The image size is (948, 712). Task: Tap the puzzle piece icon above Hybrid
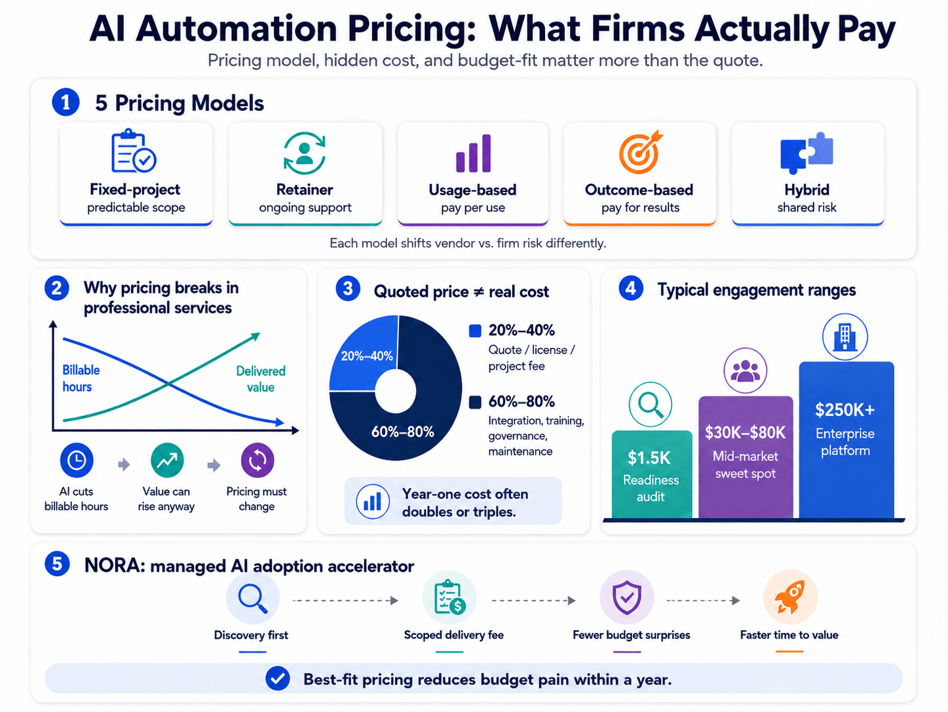pyautogui.click(x=806, y=153)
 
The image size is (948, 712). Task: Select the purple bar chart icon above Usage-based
pyautogui.click(x=473, y=153)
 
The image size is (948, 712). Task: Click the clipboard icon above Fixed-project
pyautogui.click(x=134, y=151)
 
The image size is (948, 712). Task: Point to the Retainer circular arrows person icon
pyautogui.click(x=305, y=153)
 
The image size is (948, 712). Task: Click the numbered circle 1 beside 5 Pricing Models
pyautogui.click(x=66, y=102)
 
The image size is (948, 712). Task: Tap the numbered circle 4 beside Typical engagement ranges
pyautogui.click(x=630, y=288)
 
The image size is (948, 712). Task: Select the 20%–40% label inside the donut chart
pyautogui.click(x=367, y=356)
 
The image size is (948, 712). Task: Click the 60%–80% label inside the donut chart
pyautogui.click(x=402, y=432)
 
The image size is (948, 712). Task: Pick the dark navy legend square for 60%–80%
pyautogui.click(x=475, y=402)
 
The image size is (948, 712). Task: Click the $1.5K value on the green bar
pyautogui.click(x=649, y=458)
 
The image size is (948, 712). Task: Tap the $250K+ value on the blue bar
pyautogui.click(x=844, y=410)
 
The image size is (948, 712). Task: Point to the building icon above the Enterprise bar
pyautogui.click(x=844, y=337)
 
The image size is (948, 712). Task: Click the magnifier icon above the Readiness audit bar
pyautogui.click(x=650, y=404)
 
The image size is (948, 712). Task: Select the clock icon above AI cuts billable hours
pyautogui.click(x=77, y=460)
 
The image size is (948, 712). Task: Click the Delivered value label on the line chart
pyautogui.click(x=261, y=379)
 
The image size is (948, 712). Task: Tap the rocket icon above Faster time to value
pyautogui.click(x=790, y=597)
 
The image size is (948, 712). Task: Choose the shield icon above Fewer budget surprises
pyautogui.click(x=627, y=597)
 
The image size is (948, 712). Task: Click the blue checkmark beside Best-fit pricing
pyautogui.click(x=277, y=679)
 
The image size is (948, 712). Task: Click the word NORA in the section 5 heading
pyautogui.click(x=115, y=566)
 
